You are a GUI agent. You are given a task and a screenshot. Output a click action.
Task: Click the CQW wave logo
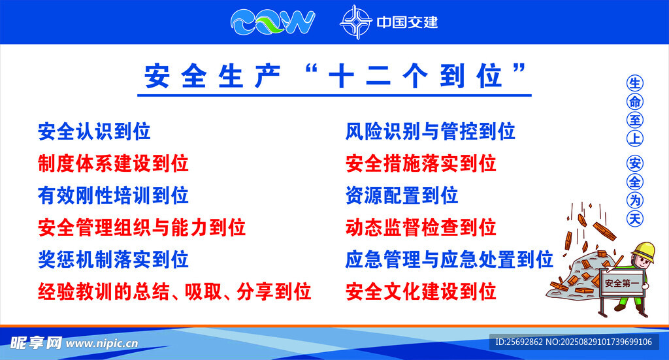[x=272, y=22]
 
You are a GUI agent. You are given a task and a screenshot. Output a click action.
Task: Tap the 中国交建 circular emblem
[x=356, y=22]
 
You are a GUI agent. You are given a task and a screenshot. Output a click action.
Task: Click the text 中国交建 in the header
[x=407, y=22]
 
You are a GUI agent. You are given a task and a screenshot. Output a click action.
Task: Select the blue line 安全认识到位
[x=94, y=131]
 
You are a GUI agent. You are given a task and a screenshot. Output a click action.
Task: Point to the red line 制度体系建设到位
[x=113, y=163]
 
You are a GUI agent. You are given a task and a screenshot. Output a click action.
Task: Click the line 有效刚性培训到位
[x=113, y=195]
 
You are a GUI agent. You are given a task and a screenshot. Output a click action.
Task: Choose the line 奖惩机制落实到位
[x=113, y=259]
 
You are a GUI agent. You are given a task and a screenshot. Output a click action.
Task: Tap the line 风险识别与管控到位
[x=430, y=131]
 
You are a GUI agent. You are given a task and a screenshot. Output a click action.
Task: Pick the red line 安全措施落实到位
[x=421, y=163]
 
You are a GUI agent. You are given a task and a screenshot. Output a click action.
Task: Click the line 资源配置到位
[x=402, y=195]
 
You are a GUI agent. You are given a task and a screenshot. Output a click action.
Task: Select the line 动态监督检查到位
[x=421, y=227]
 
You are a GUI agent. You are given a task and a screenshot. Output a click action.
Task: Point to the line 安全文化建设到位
[x=421, y=292]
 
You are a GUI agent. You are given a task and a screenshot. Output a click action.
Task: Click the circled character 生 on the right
[x=634, y=83]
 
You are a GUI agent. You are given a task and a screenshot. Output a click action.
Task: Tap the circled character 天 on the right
[x=634, y=218]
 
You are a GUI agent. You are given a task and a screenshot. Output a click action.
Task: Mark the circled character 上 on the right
[x=634, y=139]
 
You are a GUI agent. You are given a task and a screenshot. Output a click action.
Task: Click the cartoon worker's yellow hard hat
[x=644, y=252]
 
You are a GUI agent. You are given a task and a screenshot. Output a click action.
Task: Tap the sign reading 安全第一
[x=622, y=282]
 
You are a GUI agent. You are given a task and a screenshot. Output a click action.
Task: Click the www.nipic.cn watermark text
[x=102, y=344]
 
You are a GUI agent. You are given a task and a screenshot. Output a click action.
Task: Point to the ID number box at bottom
[x=574, y=342]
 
